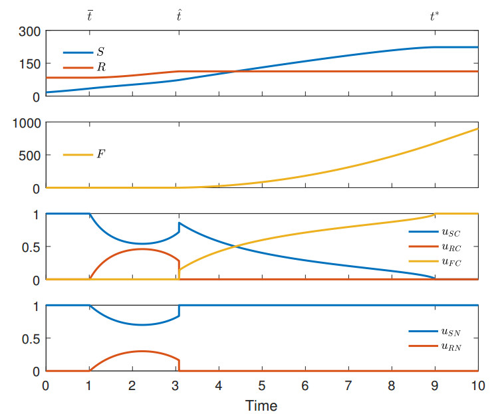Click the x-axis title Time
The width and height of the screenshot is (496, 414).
[x=261, y=404]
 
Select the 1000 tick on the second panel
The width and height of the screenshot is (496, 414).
[x=27, y=123]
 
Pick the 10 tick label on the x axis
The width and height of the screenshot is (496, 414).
[x=477, y=385]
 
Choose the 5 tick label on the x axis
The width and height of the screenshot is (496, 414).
[x=262, y=385]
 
